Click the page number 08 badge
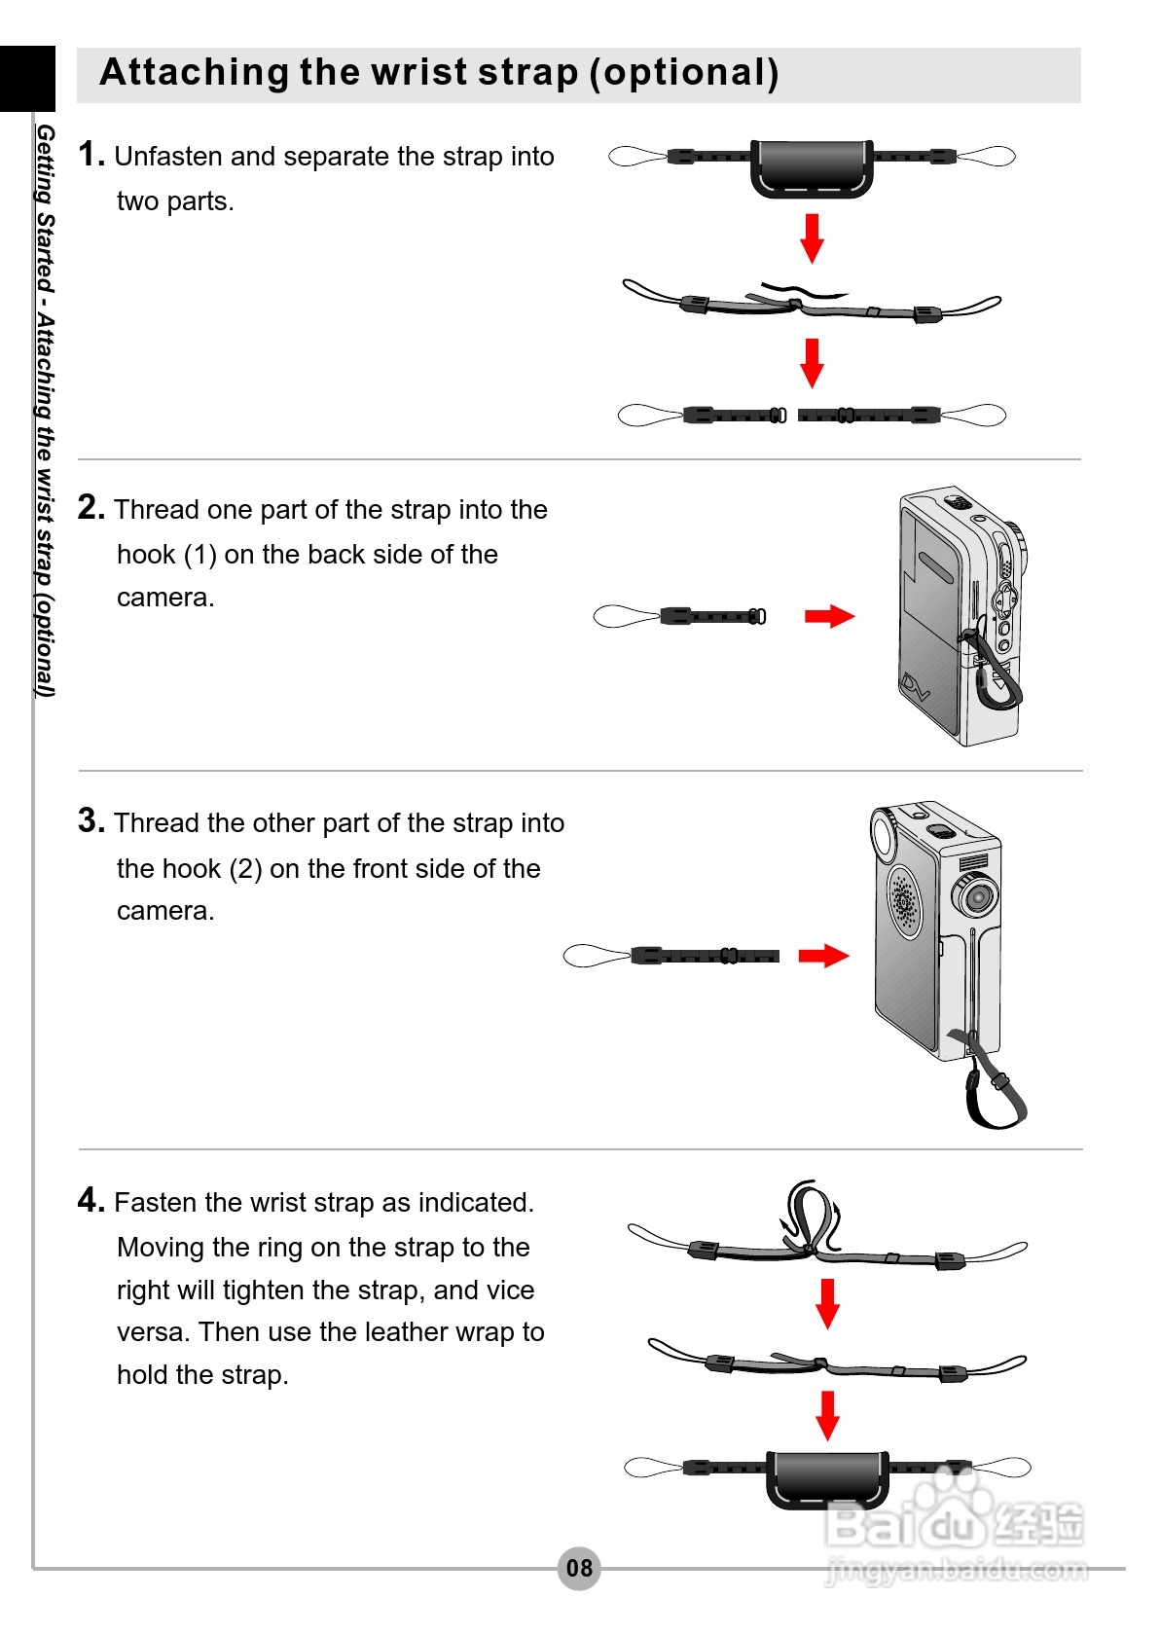pyautogui.click(x=579, y=1568)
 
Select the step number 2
pyautogui.click(x=91, y=508)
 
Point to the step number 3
pyautogui.click(x=91, y=821)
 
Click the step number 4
pyautogui.click(x=91, y=1201)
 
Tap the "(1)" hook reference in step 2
pyautogui.click(x=199, y=555)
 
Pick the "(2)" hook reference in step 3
pyautogui.click(x=245, y=869)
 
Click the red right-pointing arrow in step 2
pyautogui.click(x=829, y=616)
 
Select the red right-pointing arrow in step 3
pyautogui.click(x=823, y=956)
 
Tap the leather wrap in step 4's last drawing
pyautogui.click(x=827, y=1478)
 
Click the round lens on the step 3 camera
pyautogui.click(x=976, y=894)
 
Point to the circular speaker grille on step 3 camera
pyautogui.click(x=904, y=901)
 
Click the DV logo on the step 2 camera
pyautogui.click(x=915, y=687)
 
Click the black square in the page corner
pyautogui.click(x=27, y=78)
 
